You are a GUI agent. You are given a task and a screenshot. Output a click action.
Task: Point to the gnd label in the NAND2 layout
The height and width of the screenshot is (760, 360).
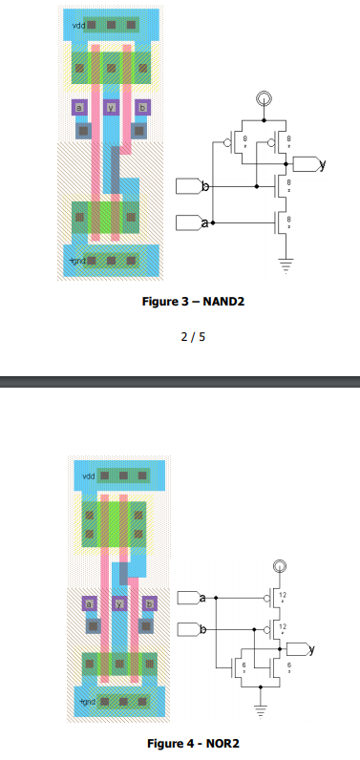[x=77, y=260]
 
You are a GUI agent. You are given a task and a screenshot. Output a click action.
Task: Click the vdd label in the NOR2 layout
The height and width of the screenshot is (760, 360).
[x=89, y=475]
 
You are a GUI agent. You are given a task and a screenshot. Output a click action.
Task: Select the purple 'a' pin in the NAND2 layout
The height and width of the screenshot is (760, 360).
[x=79, y=108]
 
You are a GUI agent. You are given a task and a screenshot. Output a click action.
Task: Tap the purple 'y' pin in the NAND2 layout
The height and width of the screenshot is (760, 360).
[x=111, y=108]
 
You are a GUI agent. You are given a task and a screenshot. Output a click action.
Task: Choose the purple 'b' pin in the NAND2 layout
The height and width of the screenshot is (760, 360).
[x=142, y=108]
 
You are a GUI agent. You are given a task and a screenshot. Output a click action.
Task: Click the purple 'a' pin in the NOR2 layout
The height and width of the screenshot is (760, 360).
[x=89, y=603]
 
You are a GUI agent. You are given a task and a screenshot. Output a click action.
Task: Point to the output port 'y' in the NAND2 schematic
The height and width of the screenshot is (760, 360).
[x=308, y=165]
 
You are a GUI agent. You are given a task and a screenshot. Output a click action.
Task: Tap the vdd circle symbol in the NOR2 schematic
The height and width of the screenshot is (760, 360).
[x=278, y=567]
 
